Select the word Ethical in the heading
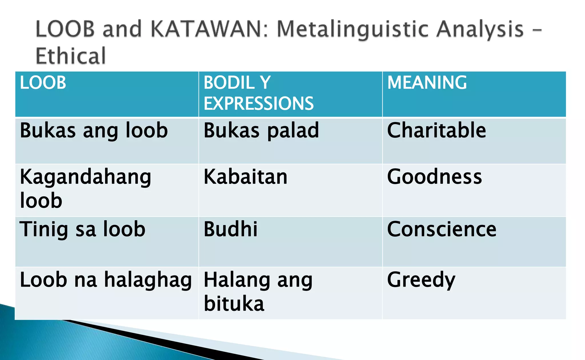click(71, 56)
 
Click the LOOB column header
click(43, 83)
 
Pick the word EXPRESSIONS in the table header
click(259, 103)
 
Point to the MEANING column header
click(427, 83)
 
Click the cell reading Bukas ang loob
click(94, 131)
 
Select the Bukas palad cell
click(261, 131)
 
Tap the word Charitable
click(436, 130)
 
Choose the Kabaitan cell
click(245, 177)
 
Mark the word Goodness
click(434, 177)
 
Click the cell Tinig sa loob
click(83, 229)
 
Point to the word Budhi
click(231, 229)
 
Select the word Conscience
click(442, 229)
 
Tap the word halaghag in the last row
click(148, 280)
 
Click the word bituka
click(234, 303)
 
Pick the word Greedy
click(421, 280)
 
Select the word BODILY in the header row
click(237, 83)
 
